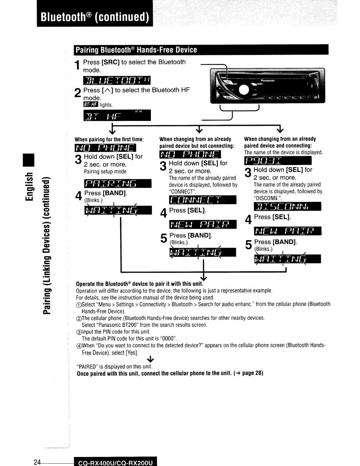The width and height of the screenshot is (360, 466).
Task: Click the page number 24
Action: pos(37,462)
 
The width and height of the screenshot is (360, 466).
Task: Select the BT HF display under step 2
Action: pos(117,115)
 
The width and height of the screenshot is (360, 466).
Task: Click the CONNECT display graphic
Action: pos(203,200)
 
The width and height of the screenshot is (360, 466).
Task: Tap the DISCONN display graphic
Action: pos(287,207)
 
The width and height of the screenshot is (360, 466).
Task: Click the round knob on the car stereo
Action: pos(244,89)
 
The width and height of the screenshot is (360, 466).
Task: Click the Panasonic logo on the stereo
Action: pos(268,81)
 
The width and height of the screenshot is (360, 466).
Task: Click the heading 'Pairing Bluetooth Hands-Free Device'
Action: pos(136,50)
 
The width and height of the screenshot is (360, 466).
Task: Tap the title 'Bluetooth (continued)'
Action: pos(95,17)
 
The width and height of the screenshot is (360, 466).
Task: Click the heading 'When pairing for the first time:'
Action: pos(109,139)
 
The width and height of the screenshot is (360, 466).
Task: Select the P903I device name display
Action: pos(278,161)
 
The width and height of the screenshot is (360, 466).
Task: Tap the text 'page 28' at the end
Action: pos(252,373)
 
